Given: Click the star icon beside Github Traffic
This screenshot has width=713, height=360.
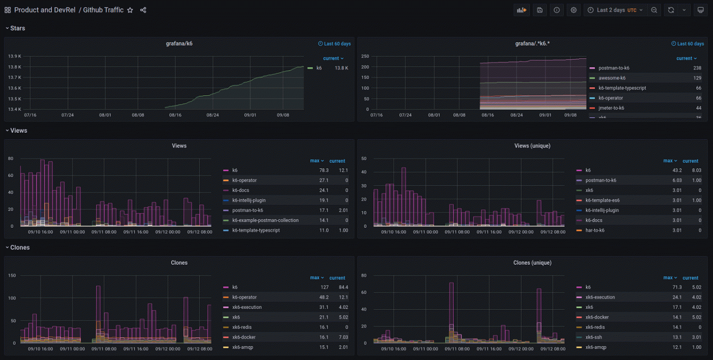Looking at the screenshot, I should (130, 10).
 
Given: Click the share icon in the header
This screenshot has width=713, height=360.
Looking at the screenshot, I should (143, 10).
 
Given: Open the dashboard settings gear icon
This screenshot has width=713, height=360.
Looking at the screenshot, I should (574, 10).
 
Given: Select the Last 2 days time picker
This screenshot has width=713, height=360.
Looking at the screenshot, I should (615, 10).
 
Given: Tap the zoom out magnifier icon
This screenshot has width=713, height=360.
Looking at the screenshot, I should (654, 10).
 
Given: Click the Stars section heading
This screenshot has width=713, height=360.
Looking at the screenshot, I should (18, 28).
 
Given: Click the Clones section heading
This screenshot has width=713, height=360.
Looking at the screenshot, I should (19, 248).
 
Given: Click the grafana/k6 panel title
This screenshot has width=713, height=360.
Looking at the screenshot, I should (179, 44).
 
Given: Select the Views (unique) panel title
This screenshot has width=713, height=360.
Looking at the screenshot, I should (532, 146).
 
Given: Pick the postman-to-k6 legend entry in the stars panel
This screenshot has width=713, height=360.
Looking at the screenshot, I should (613, 68).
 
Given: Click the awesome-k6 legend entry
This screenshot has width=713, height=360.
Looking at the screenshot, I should (612, 78).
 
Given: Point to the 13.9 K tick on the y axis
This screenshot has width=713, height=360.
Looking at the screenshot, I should (15, 56).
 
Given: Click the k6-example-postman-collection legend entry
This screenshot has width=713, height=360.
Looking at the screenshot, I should (265, 221).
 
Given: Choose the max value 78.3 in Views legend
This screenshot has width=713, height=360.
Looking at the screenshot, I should (324, 170).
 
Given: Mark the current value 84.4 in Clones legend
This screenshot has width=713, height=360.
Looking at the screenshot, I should (343, 287).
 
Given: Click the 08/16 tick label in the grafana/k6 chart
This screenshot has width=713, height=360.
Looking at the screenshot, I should (175, 115).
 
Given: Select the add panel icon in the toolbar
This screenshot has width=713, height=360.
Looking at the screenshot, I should (521, 10).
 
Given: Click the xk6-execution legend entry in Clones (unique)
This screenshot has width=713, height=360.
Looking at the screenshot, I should (600, 297).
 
